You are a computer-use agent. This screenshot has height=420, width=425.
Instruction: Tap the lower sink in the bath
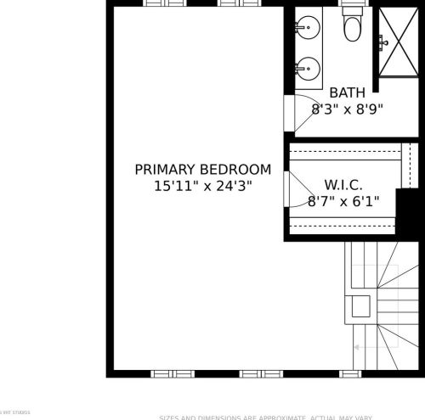point(308,67)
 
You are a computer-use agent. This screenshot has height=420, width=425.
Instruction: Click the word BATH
point(347,92)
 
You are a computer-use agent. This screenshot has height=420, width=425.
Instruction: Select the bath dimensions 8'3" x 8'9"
point(347,109)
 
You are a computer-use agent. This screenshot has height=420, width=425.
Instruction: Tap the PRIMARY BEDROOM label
point(203,169)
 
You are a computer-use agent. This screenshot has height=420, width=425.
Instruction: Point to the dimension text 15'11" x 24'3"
point(203,185)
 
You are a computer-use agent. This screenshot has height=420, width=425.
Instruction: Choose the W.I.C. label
point(343,184)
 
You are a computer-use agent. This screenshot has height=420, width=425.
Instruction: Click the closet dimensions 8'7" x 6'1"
point(343,201)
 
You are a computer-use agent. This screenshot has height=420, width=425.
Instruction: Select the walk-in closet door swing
point(296,195)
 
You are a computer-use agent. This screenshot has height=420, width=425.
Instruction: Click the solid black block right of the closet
point(409,209)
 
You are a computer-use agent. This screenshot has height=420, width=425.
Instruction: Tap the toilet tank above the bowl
point(350,14)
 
